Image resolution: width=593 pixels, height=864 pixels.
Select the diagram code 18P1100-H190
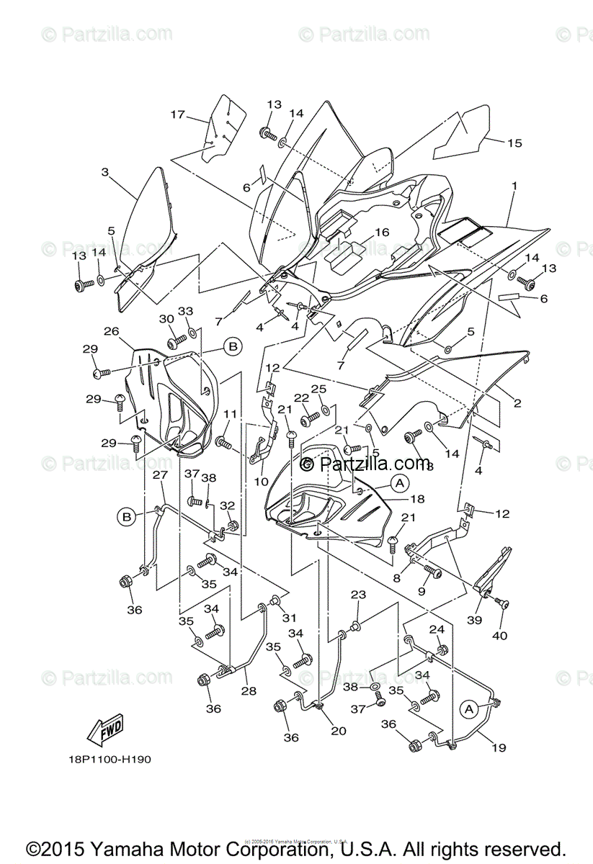[x=107, y=759]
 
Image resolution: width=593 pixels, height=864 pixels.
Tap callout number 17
[x=178, y=114]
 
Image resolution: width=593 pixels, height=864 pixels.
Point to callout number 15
[x=514, y=143]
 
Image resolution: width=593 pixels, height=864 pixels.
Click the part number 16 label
[x=381, y=232]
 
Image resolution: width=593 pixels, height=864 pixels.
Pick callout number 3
[x=105, y=172]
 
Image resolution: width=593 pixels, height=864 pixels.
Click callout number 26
[x=111, y=331]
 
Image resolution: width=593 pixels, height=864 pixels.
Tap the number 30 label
[x=166, y=319]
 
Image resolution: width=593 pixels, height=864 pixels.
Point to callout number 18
[x=417, y=498]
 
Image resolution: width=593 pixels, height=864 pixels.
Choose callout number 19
[x=499, y=747]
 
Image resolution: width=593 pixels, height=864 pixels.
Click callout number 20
[x=339, y=731]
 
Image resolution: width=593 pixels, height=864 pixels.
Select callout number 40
[x=499, y=636]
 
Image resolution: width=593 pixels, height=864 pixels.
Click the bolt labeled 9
[x=433, y=570]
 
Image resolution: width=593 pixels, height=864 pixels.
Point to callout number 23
[x=358, y=595]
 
